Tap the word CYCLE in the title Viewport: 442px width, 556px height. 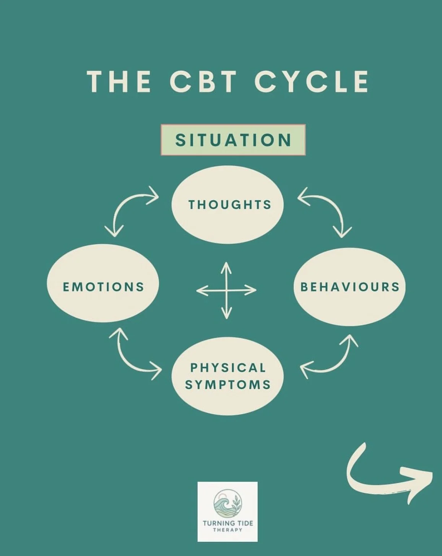click(x=311, y=81)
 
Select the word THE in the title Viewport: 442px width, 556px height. click(x=119, y=81)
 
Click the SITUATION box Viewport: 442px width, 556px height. click(x=233, y=140)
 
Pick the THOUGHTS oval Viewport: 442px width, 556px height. click(x=228, y=204)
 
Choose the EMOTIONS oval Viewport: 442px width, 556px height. click(x=103, y=284)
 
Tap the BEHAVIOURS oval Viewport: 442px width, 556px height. click(x=349, y=287)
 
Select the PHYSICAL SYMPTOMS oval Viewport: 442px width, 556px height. click(x=228, y=376)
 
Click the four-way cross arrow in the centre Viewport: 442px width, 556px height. click(x=226, y=290)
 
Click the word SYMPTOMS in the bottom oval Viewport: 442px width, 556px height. click(x=228, y=384)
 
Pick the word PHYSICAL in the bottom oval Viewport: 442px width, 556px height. click(x=228, y=368)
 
